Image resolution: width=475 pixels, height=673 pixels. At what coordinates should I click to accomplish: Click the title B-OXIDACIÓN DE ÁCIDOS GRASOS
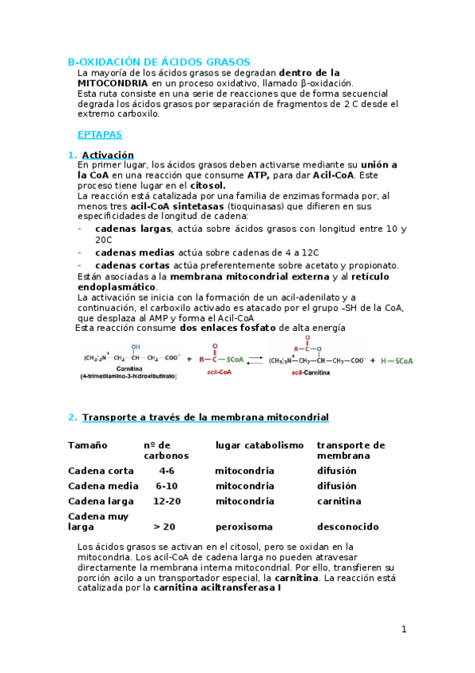point(159,61)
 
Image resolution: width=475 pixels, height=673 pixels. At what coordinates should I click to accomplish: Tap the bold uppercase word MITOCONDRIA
point(112,83)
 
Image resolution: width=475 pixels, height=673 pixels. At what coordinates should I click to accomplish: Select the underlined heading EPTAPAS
point(99,135)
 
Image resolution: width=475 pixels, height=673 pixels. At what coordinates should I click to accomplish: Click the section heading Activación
point(108,155)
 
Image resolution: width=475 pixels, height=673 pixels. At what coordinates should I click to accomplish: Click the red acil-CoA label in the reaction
point(219,371)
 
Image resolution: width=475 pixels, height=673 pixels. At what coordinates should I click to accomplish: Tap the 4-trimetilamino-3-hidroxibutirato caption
point(128,376)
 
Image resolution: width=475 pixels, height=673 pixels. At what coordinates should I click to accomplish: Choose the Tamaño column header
point(87,445)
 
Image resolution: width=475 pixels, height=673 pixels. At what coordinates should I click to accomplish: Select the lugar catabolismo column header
point(259,445)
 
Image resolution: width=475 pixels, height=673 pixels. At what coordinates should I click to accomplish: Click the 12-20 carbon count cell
point(167,501)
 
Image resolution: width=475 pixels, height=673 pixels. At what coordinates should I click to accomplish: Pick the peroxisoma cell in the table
point(243,526)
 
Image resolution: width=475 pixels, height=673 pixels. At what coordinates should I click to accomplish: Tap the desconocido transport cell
point(347,526)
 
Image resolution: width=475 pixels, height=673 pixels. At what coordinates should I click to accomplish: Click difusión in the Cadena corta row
point(336,471)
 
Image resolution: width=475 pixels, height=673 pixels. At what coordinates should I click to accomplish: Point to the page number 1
point(404,629)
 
